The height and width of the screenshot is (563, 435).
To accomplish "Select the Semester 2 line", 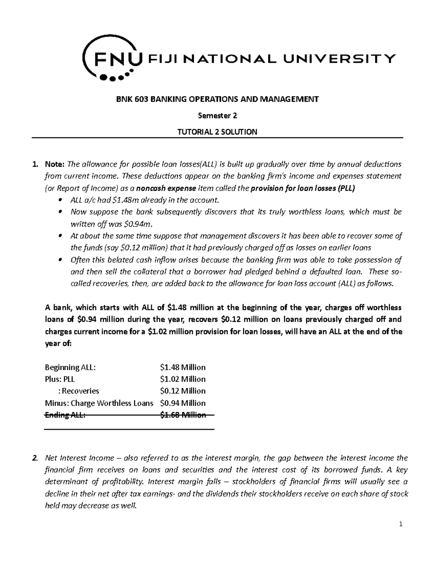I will pos(217,116).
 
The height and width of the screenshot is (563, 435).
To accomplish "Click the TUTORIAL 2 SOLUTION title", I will pos(217,132).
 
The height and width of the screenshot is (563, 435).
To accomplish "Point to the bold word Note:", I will pos(55,164).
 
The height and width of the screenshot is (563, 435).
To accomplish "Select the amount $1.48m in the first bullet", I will pos(125,200).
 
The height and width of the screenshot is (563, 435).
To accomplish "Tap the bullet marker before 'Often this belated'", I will pos(61,260).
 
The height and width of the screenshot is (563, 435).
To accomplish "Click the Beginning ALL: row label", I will pos(70,367).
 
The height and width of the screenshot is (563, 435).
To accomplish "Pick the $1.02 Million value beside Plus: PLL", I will pos(183,379).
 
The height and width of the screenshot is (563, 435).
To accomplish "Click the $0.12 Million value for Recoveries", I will pos(183,391).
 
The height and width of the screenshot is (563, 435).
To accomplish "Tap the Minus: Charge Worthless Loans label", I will pos(99,403).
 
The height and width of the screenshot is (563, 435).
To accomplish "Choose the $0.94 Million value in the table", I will pos(183,403).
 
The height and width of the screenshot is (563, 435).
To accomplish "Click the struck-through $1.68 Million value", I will pos(183,415).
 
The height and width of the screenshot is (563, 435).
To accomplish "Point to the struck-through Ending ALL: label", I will pos(65,415).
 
